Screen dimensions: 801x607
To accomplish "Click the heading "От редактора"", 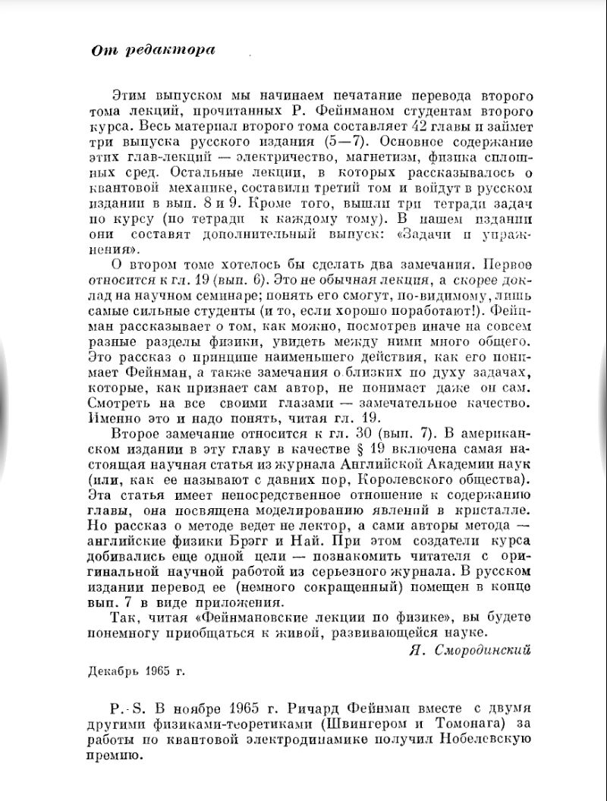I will (152, 51).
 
